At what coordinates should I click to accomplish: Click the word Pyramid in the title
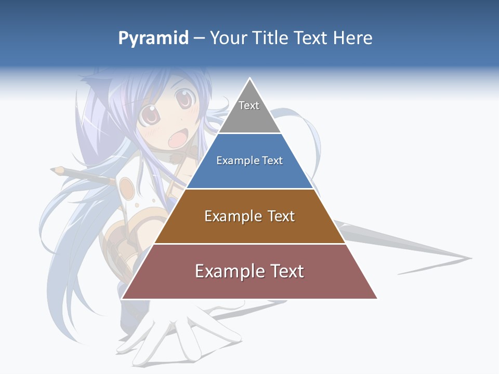click(153, 38)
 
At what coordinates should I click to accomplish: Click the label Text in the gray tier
click(249, 105)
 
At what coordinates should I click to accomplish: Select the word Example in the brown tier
click(227, 216)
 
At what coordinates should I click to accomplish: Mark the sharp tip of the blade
click(470, 258)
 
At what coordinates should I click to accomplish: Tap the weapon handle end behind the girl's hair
click(56, 169)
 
